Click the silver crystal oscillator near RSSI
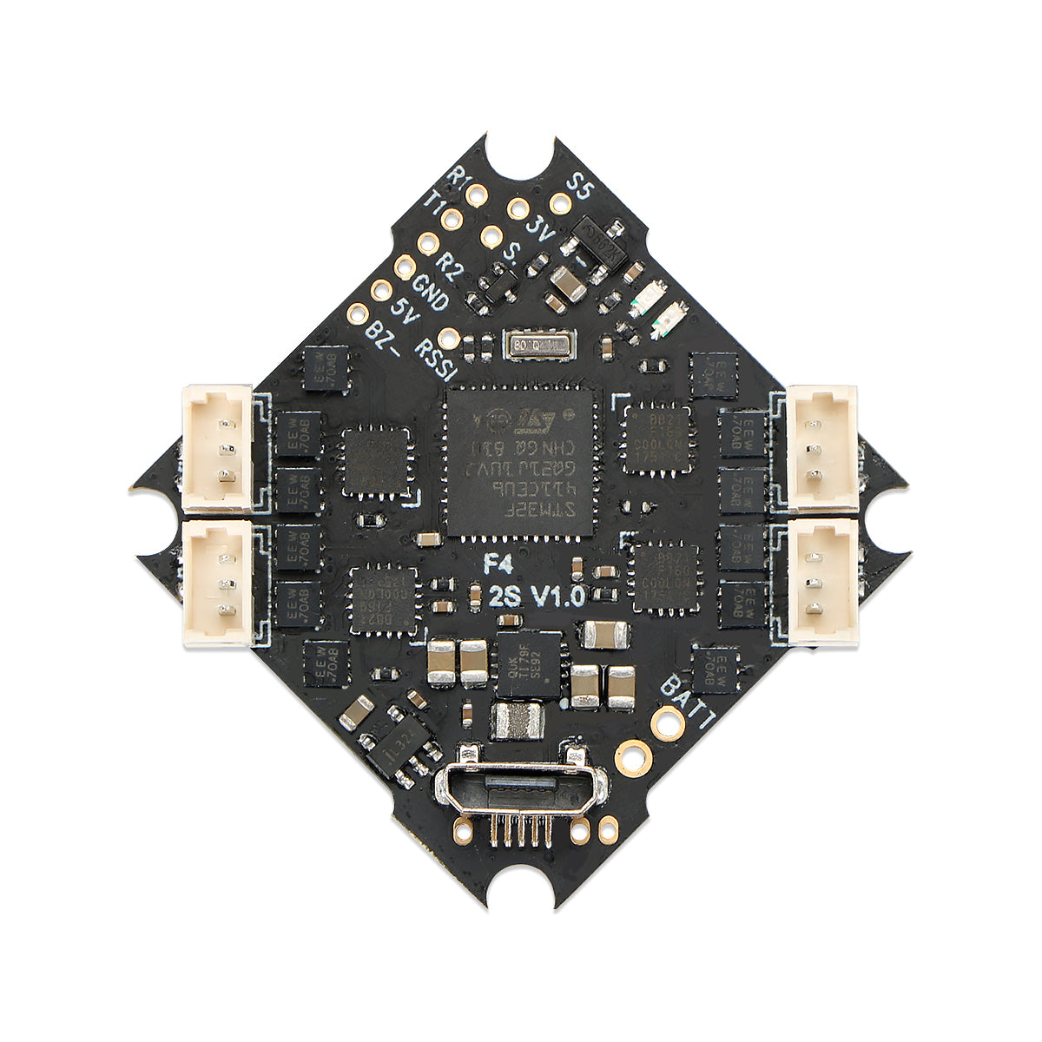click(x=538, y=345)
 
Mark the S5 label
click(x=577, y=186)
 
